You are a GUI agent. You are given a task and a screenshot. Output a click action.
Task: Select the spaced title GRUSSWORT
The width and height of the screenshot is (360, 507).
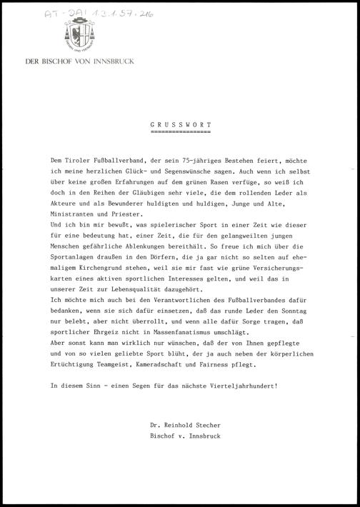point(181,124)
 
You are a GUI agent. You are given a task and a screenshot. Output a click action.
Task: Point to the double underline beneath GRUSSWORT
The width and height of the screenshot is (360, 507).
point(181,132)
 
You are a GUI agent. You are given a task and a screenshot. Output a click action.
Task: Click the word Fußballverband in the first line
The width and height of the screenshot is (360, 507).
point(117,164)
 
